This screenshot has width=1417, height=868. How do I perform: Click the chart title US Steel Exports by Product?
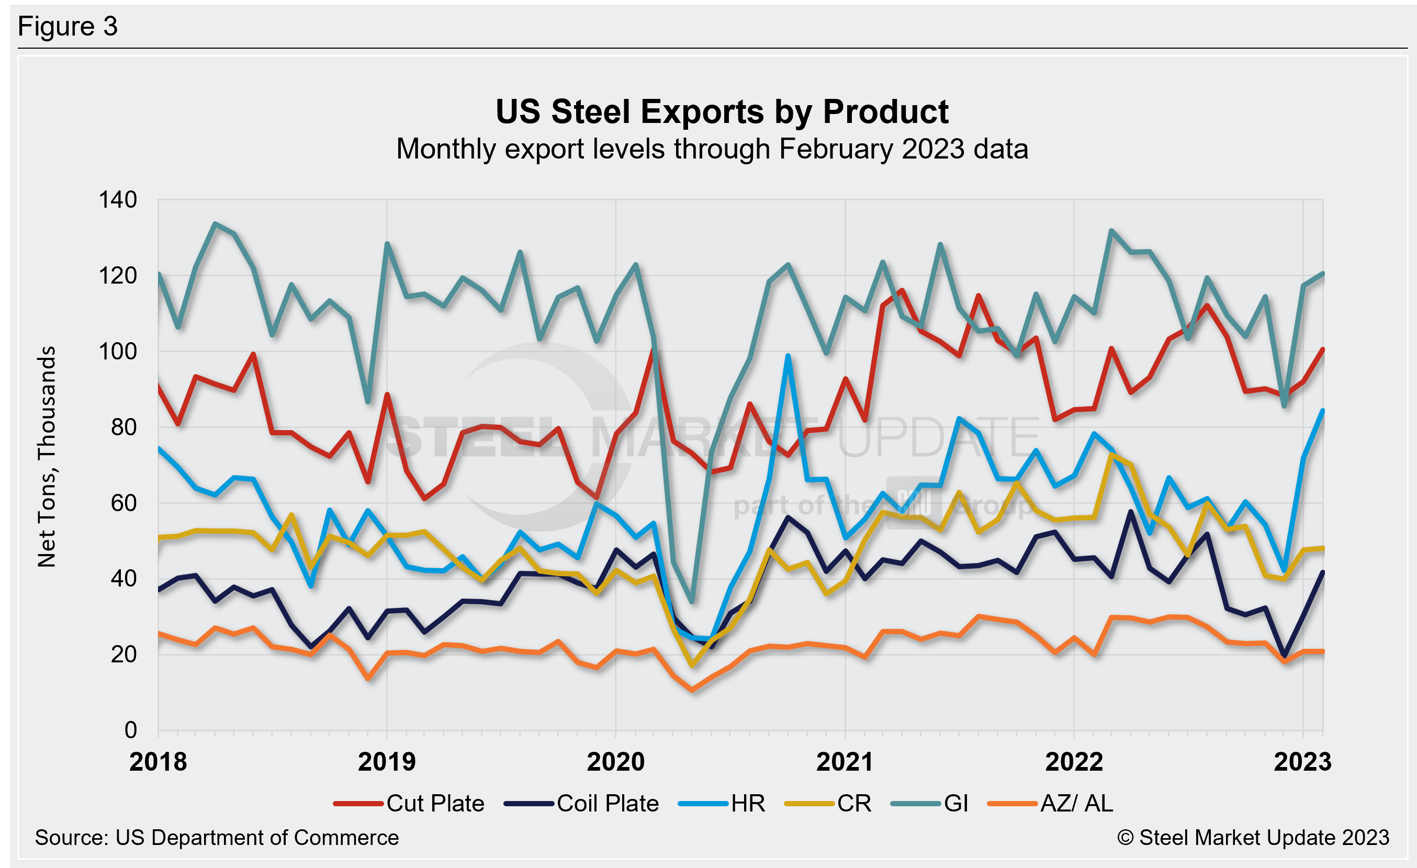(x=722, y=111)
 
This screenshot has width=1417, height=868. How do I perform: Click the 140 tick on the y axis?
(x=118, y=200)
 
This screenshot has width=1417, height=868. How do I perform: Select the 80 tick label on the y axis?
(x=123, y=427)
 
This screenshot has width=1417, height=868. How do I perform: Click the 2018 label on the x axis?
(x=158, y=762)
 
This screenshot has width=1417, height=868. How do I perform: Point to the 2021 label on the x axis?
(x=845, y=762)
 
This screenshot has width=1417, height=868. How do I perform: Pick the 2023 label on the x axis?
(x=1302, y=762)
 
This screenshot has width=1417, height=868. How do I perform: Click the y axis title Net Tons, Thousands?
(x=47, y=457)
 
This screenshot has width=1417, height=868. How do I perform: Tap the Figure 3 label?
(x=68, y=27)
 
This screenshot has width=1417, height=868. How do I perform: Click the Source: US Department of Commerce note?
(x=217, y=838)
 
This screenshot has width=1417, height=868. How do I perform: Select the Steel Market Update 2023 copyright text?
(x=1253, y=838)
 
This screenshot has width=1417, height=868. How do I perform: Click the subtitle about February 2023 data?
(x=712, y=149)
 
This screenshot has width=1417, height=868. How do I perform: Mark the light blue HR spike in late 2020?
(x=788, y=356)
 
